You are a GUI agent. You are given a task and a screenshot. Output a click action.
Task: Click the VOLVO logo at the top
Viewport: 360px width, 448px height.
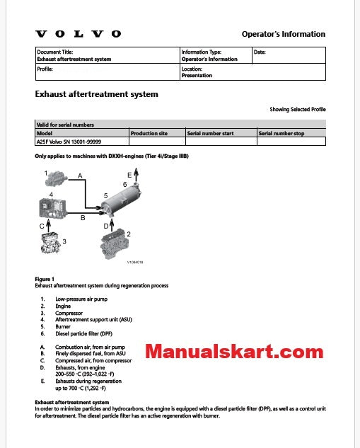point(78,34)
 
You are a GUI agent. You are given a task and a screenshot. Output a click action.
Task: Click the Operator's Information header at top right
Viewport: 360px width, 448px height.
point(284,34)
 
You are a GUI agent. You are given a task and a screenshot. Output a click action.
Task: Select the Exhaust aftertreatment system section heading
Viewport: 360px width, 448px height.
point(96,94)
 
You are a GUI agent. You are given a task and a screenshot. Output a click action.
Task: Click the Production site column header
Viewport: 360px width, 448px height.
point(149,132)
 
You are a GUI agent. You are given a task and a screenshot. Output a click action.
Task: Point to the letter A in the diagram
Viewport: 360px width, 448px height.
point(80,175)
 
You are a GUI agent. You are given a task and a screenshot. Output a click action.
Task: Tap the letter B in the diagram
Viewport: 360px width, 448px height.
point(82,218)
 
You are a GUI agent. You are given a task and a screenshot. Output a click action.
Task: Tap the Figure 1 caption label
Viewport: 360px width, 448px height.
point(45,279)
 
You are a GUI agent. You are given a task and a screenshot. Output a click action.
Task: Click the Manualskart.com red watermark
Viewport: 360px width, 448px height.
point(234,351)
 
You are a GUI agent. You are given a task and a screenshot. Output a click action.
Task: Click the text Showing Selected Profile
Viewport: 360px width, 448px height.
point(298,110)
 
